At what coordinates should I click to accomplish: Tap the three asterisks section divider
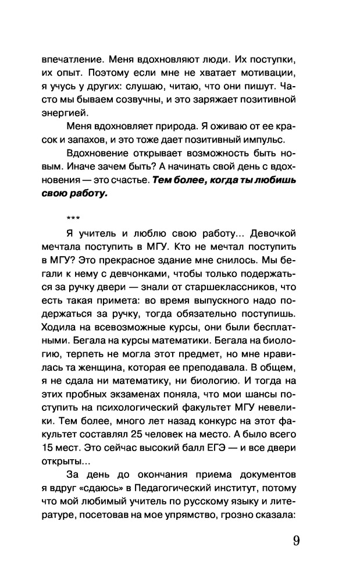pos(73,219)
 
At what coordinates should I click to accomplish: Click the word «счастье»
pos(126,180)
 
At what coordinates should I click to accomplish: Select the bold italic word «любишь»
pos(271,180)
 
